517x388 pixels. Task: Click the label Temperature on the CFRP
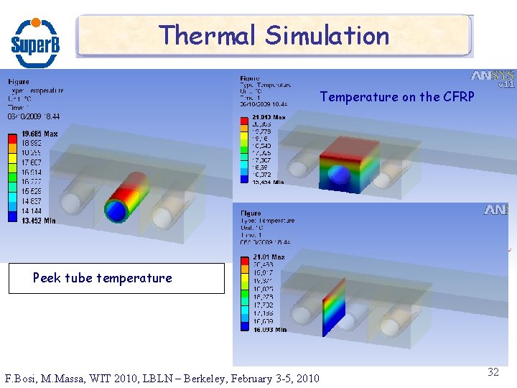coord(397,96)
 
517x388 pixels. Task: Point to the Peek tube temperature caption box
coord(116,278)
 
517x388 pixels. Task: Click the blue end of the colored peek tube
coord(116,209)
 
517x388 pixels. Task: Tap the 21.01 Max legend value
coord(268,257)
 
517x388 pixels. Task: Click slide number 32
coord(493,371)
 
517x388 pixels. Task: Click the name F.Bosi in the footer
coord(21,378)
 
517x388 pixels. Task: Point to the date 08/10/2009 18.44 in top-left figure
coord(34,116)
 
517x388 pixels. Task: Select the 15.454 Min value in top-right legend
coord(269,182)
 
